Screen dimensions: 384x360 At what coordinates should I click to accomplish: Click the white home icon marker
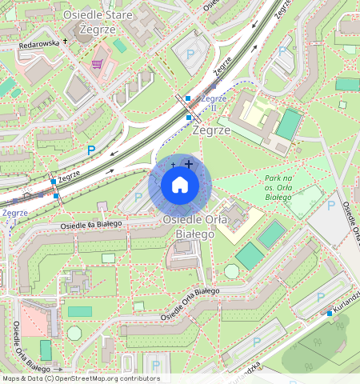[180, 186]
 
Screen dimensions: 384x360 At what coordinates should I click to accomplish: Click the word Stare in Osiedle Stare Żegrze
[117, 15]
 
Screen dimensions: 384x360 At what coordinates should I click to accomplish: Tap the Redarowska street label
[39, 45]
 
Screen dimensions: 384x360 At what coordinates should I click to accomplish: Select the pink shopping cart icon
[98, 64]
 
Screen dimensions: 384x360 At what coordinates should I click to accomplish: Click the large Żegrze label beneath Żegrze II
[212, 129]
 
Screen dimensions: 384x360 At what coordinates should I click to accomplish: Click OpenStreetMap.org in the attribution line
[86, 378]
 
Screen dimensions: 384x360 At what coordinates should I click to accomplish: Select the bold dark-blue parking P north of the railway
[90, 150]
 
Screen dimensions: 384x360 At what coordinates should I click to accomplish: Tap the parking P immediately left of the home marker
[138, 197]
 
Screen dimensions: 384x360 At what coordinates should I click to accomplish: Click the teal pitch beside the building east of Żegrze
[288, 125]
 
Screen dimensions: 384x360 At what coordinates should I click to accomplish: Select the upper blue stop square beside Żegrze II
[187, 98]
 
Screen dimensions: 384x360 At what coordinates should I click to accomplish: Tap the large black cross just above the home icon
[189, 164]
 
